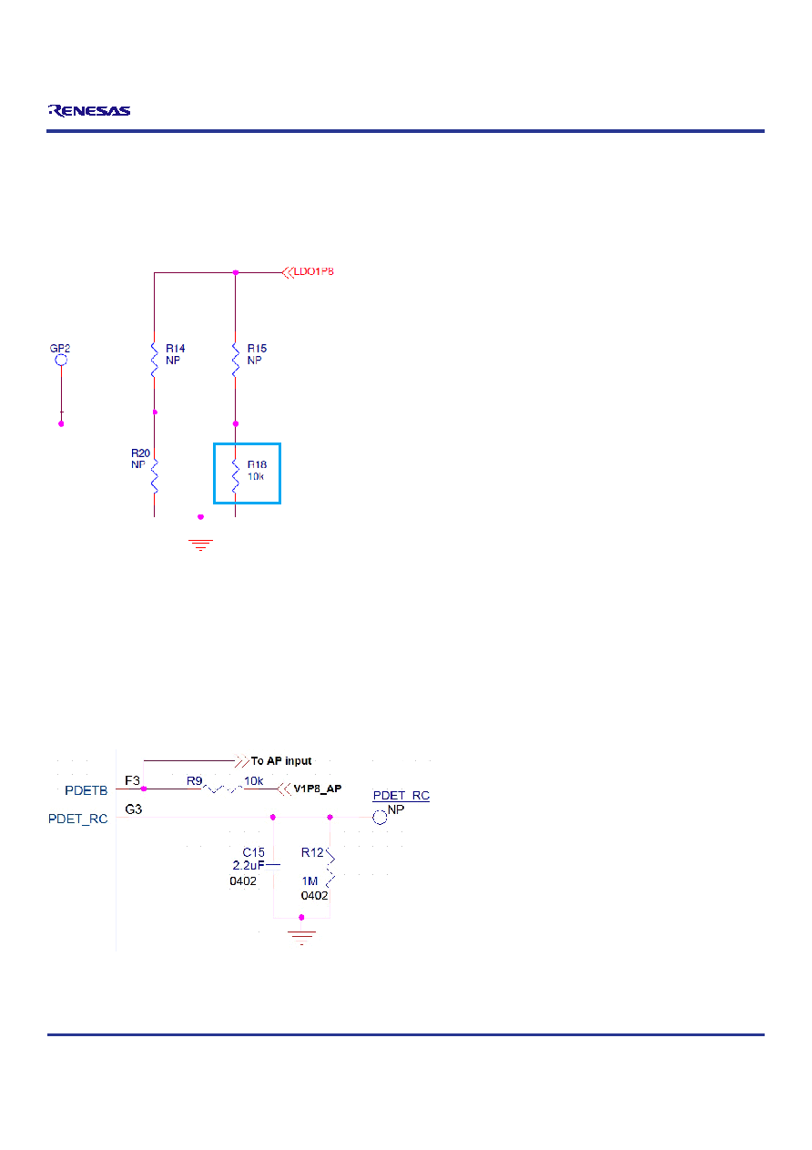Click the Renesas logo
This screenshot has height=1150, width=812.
click(x=89, y=110)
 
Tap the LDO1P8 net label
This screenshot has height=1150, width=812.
click(x=313, y=271)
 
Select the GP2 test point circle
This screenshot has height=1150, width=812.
click(x=61, y=360)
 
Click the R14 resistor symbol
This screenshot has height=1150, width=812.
click(x=155, y=360)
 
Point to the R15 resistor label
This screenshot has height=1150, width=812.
click(x=257, y=349)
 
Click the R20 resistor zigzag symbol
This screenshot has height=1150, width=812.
click(x=155, y=476)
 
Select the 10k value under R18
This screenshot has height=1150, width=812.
click(x=256, y=476)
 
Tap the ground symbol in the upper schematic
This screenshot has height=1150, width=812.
click(x=200, y=544)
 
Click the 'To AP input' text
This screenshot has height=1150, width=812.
click(x=280, y=761)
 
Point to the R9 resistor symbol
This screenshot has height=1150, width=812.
click(x=223, y=788)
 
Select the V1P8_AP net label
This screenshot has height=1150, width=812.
click(x=317, y=789)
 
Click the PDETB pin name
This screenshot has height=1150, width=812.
click(x=86, y=790)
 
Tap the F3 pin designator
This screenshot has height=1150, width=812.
click(x=132, y=780)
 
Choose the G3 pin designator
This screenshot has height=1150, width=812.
click(x=134, y=809)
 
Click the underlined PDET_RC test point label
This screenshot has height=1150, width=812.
click(x=401, y=795)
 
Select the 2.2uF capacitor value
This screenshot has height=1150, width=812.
click(x=249, y=865)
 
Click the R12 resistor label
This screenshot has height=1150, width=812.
click(x=312, y=852)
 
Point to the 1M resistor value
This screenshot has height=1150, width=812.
click(x=310, y=881)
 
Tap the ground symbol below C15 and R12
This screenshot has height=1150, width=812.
click(x=302, y=938)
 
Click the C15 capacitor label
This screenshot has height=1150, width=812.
click(x=254, y=852)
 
